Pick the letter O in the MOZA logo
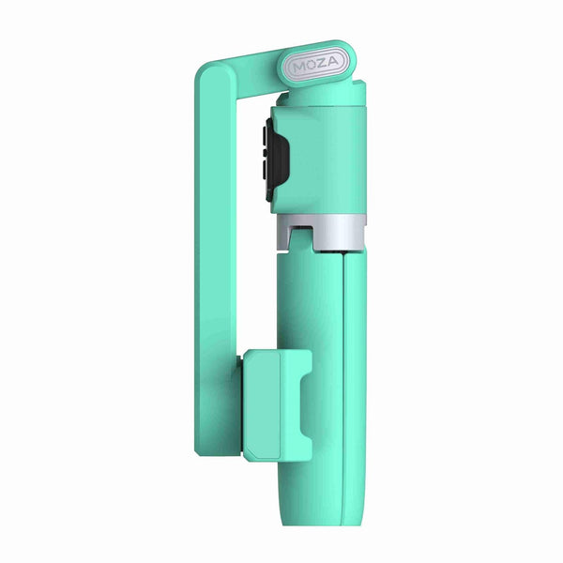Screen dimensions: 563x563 312,67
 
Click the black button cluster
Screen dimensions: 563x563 272,161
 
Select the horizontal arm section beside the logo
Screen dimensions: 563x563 249,66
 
